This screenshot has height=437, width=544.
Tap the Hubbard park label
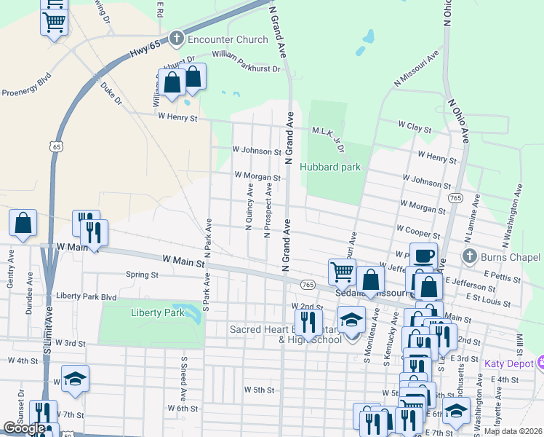point(330,167)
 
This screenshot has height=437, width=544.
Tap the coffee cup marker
point(424,257)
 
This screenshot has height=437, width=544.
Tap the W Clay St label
point(415,127)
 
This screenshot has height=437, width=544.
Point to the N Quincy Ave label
point(249,207)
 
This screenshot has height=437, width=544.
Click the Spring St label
point(142,275)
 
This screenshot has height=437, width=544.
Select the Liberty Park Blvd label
point(87,297)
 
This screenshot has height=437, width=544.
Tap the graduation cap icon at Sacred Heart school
point(351,320)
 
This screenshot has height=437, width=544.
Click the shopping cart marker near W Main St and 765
point(342,272)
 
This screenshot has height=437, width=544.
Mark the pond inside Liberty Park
point(193,315)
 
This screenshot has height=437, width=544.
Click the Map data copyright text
point(513,431)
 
